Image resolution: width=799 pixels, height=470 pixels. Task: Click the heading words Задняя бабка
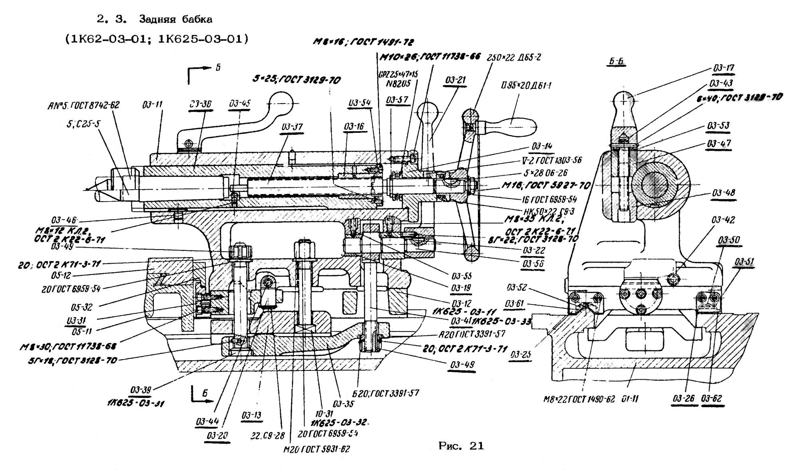click(x=175, y=19)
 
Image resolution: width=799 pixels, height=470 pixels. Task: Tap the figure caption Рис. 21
click(x=461, y=446)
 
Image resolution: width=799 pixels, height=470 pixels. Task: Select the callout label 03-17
click(x=723, y=68)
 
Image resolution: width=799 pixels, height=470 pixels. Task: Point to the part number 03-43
click(x=721, y=83)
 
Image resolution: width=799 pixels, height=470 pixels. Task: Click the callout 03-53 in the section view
click(x=718, y=126)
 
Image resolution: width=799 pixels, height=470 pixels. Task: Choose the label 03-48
click(x=723, y=193)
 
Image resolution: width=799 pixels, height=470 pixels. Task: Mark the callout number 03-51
click(x=744, y=262)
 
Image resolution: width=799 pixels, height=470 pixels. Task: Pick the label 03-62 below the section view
click(x=712, y=398)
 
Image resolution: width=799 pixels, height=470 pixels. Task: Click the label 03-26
click(x=684, y=398)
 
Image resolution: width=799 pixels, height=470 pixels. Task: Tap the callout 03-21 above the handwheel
click(x=455, y=80)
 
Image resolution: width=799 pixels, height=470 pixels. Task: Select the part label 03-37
click(x=292, y=127)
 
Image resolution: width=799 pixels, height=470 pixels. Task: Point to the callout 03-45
click(x=240, y=104)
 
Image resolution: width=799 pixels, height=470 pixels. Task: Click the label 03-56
click(x=533, y=264)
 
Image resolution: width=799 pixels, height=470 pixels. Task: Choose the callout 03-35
click(x=343, y=404)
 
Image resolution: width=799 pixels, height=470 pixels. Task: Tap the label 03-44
click(x=207, y=421)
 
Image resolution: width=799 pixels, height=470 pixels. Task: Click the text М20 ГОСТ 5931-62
click(x=316, y=449)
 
